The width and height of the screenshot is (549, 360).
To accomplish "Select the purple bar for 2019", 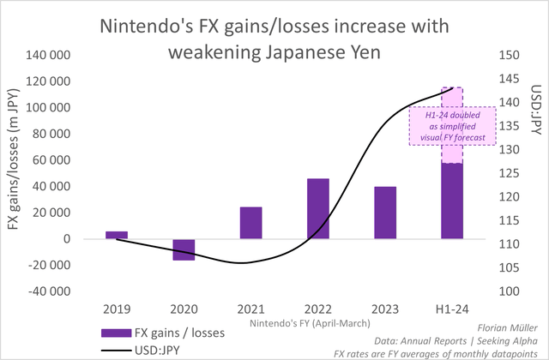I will (x=117, y=235).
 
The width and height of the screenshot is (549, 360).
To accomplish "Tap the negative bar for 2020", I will (x=184, y=249).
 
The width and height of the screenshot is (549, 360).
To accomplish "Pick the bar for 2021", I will (x=250, y=223).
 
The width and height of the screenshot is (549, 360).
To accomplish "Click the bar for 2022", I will (x=317, y=208).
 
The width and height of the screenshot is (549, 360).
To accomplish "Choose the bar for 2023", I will (x=385, y=213).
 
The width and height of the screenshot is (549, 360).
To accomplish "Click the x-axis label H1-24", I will (x=452, y=308).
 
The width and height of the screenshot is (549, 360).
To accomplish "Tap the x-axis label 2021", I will (x=250, y=308).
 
